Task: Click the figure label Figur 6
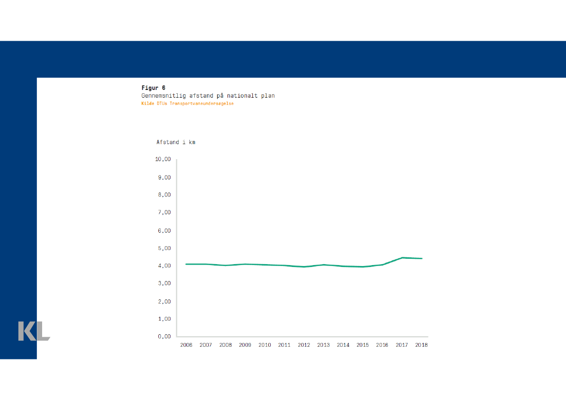(153, 88)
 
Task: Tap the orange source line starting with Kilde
(187, 104)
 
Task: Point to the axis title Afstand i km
(176, 142)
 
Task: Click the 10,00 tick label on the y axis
(163, 159)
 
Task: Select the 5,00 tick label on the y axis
(164, 248)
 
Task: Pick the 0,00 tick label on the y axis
(164, 337)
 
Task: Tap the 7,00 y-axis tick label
(164, 212)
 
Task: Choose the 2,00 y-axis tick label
(164, 301)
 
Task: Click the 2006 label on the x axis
(186, 345)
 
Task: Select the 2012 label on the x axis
(304, 345)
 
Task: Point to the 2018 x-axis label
(421, 345)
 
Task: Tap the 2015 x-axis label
(363, 345)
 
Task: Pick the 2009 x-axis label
(245, 345)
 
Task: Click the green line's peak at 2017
(402, 258)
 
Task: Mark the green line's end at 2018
(422, 258)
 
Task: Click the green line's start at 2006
(186, 264)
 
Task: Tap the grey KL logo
(34, 331)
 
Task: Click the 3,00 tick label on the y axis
(164, 283)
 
